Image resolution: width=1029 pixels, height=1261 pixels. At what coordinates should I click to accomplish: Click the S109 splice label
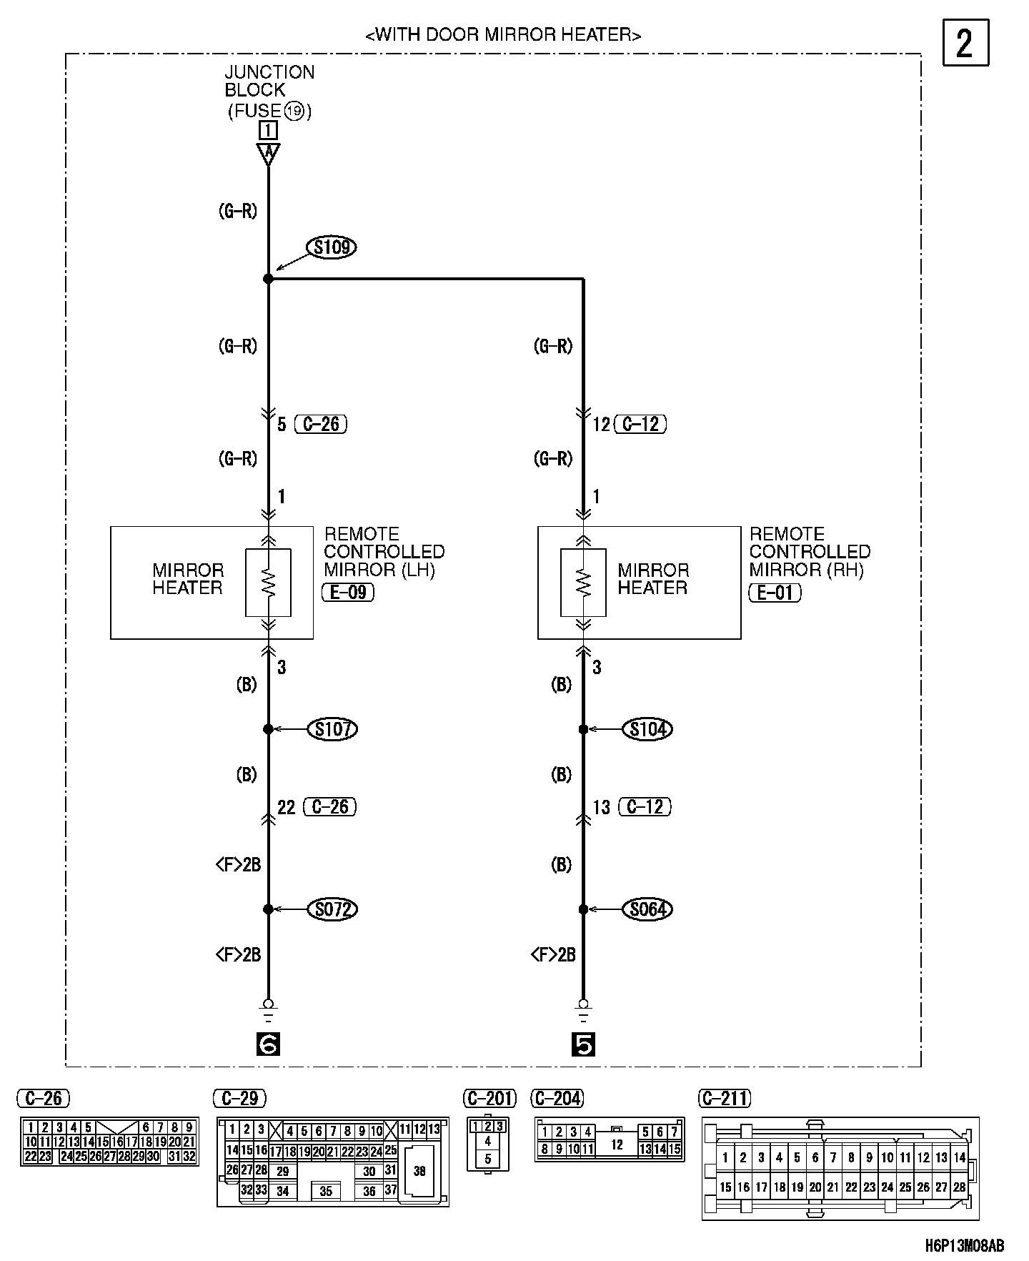[332, 247]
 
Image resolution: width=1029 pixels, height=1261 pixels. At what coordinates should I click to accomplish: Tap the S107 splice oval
[332, 729]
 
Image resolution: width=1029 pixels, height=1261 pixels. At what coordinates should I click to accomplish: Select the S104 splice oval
[648, 729]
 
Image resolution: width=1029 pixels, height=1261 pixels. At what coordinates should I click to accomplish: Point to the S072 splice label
[332, 909]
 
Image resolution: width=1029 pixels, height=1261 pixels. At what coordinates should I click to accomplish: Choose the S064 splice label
[648, 909]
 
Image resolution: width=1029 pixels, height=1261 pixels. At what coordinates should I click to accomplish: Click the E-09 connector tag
[348, 592]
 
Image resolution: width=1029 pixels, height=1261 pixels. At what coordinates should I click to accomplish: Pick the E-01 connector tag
[775, 592]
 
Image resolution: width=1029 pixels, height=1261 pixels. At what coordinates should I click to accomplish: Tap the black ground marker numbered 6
[269, 1045]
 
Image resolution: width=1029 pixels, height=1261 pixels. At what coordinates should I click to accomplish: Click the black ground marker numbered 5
[584, 1045]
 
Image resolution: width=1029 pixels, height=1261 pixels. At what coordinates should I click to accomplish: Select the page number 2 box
[965, 44]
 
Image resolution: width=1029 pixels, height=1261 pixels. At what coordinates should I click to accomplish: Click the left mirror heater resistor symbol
[268, 582]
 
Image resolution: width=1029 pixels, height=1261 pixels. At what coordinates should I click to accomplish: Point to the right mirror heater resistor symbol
[584, 582]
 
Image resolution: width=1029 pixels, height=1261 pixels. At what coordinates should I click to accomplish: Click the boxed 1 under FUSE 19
[269, 131]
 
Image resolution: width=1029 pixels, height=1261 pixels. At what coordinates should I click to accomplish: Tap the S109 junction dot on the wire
[268, 279]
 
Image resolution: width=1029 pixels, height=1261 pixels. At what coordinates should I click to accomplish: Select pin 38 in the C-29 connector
[419, 1172]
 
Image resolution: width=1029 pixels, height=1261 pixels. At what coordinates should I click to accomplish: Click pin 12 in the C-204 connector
[617, 1144]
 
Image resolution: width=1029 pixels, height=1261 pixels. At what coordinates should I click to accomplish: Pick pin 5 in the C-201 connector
[488, 1159]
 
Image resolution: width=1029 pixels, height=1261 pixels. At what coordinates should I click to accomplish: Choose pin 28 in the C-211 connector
[959, 1187]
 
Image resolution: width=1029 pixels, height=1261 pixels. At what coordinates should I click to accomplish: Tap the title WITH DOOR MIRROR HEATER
[503, 34]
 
